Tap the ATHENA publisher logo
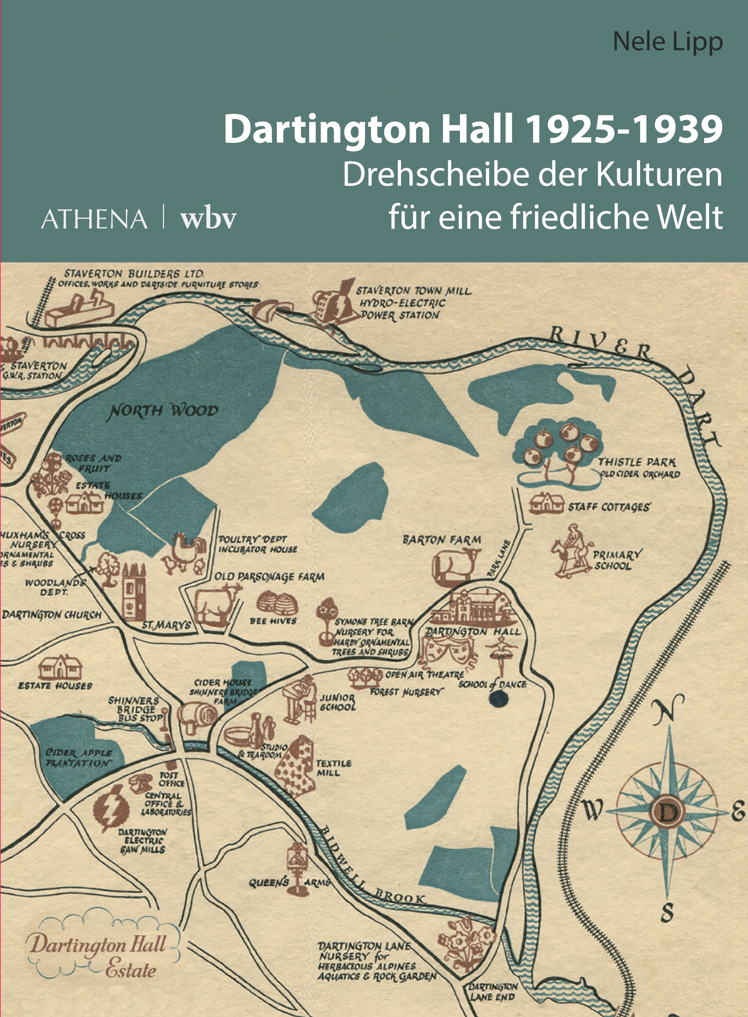[94, 219]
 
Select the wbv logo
[208, 219]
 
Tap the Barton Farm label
[441, 540]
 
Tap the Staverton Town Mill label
[413, 303]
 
